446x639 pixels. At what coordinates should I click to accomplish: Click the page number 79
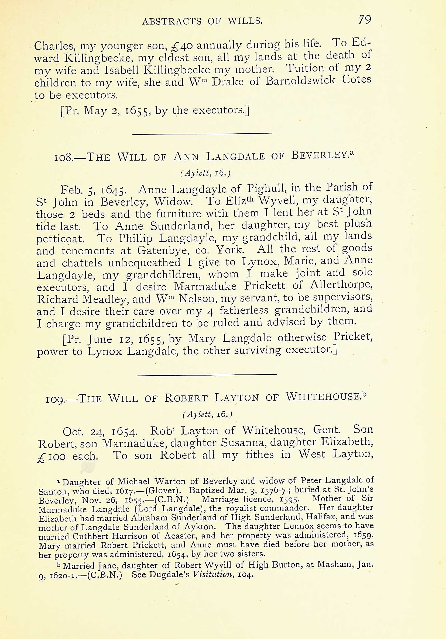pyautogui.click(x=365, y=20)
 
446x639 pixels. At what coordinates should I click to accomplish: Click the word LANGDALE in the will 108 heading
pyautogui.click(x=235, y=157)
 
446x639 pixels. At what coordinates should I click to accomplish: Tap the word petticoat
pyautogui.click(x=60, y=239)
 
